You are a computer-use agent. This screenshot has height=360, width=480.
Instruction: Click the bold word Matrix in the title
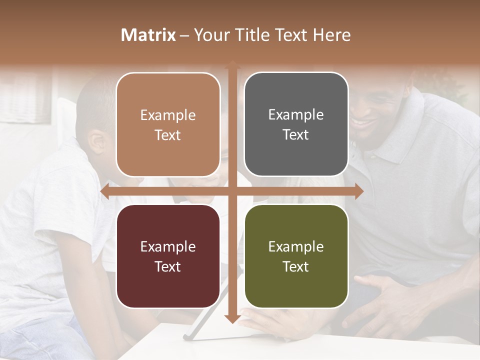148,35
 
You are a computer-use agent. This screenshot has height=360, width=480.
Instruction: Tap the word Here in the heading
332,35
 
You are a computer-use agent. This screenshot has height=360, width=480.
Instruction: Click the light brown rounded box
168,124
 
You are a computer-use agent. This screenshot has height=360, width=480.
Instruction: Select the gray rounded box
296,124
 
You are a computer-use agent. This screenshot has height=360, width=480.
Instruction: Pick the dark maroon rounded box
168,256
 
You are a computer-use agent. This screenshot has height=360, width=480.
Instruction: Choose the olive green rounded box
296,256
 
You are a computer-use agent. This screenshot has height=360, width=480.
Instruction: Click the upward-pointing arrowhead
232,65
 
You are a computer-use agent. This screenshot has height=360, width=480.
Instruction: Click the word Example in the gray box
296,114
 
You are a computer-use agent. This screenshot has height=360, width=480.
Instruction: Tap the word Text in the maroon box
167,266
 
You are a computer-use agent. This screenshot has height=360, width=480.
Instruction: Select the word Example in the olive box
296,246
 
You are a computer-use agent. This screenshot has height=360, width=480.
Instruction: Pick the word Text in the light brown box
167,135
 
